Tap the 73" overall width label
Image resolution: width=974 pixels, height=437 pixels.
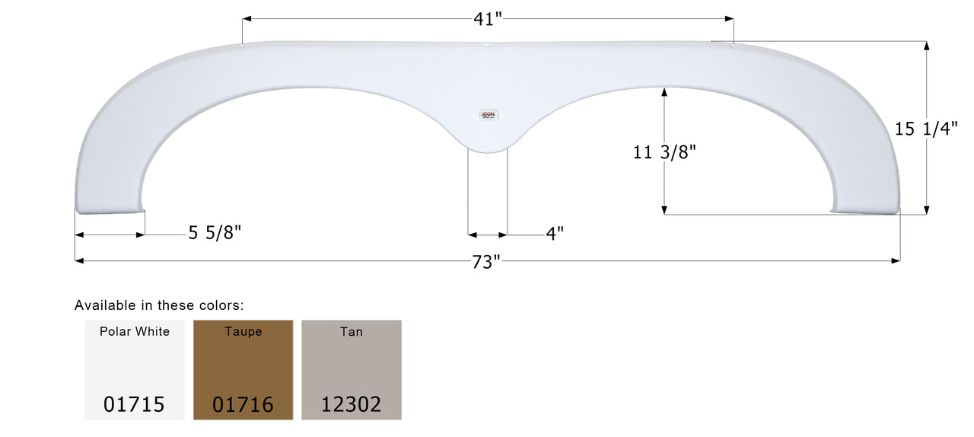click(x=486, y=262)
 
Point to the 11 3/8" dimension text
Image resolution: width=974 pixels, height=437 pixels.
click(x=664, y=152)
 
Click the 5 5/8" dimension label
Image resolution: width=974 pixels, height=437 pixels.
click(x=215, y=234)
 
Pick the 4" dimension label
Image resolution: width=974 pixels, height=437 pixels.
click(x=555, y=234)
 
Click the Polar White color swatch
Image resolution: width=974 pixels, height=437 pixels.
click(x=135, y=369)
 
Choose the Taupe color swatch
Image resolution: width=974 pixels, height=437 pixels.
click(x=243, y=369)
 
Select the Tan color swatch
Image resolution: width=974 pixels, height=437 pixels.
click(x=352, y=369)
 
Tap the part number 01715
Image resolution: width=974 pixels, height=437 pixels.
click(x=135, y=404)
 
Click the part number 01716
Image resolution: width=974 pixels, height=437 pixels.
click(x=243, y=404)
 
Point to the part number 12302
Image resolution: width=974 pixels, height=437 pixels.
click(x=352, y=404)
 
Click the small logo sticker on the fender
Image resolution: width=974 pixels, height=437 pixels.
click(x=488, y=115)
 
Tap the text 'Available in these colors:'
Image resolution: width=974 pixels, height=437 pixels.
click(x=159, y=305)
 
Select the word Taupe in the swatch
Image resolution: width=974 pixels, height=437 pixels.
click(x=243, y=332)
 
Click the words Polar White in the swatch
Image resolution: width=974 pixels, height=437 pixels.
click(x=135, y=332)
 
